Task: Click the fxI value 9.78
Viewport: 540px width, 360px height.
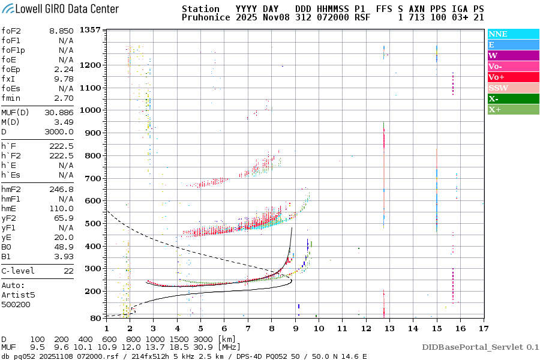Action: click(x=64, y=79)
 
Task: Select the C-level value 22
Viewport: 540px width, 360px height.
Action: click(x=68, y=271)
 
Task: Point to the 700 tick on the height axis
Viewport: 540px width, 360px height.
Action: click(x=92, y=178)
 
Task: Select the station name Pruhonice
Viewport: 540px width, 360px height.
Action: click(x=206, y=18)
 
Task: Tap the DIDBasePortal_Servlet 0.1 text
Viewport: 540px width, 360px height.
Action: click(x=480, y=347)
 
